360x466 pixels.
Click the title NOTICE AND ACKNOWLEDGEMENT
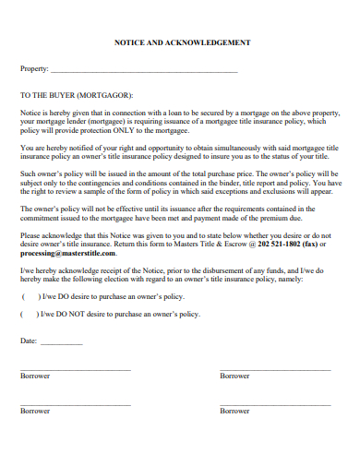pos(181,43)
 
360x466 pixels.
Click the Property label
pos(33,69)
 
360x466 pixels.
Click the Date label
pos(29,341)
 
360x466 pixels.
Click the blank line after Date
pos(62,343)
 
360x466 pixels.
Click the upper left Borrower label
pos(35,376)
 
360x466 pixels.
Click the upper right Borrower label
pos(234,376)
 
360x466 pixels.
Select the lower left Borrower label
pos(35,411)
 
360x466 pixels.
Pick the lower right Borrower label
pos(234,411)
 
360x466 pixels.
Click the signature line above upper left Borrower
pos(76,369)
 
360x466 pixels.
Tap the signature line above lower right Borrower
pos(275,404)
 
